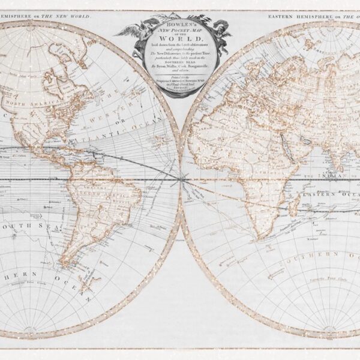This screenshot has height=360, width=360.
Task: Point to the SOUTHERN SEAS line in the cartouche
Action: click(178, 68)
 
